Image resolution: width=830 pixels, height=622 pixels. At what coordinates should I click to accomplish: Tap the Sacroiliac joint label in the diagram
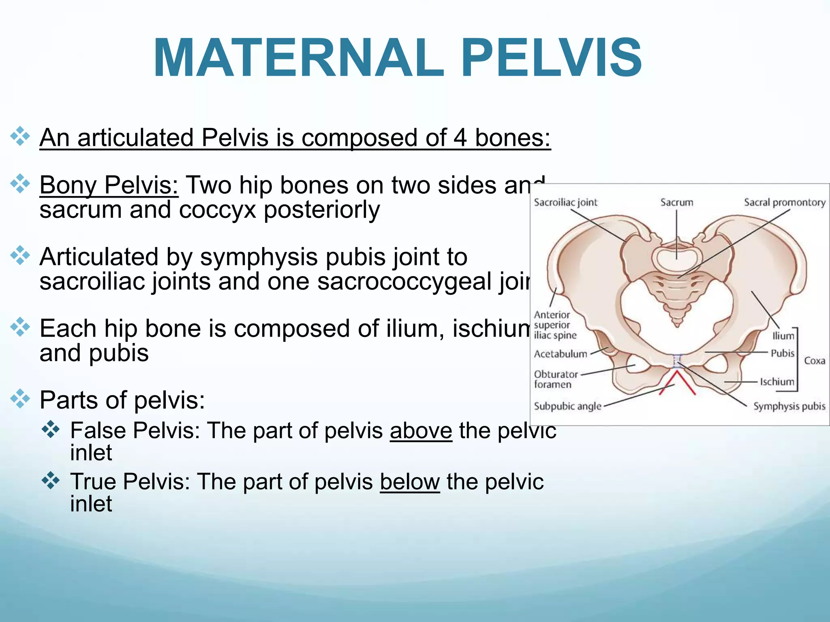(x=565, y=202)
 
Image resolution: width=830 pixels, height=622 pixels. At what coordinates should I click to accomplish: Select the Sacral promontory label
(x=785, y=202)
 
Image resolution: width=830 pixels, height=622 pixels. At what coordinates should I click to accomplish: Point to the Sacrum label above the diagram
(x=676, y=202)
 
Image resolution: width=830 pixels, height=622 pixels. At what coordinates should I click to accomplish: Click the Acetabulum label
(x=560, y=354)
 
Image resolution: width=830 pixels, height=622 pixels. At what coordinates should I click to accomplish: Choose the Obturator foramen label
(x=556, y=379)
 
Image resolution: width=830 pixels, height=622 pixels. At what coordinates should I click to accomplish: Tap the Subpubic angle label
(x=567, y=406)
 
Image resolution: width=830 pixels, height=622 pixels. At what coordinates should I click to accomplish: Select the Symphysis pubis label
(x=789, y=406)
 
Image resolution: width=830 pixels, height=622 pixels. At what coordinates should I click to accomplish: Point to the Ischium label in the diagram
(x=777, y=381)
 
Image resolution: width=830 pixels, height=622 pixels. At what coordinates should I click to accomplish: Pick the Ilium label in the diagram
(x=783, y=336)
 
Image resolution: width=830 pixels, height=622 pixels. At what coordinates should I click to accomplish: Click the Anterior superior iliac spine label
(x=554, y=325)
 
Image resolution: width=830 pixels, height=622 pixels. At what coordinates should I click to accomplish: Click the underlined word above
(x=421, y=430)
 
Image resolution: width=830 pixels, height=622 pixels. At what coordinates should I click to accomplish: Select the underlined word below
(x=410, y=482)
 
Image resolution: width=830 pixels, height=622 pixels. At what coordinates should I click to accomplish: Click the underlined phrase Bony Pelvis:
(x=109, y=185)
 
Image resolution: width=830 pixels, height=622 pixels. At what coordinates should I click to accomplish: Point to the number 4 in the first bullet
(x=460, y=138)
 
